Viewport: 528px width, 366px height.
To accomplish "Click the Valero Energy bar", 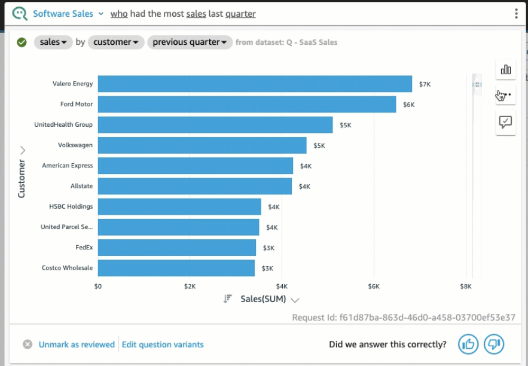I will (x=255, y=84).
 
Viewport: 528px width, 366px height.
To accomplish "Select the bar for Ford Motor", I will (x=246, y=104).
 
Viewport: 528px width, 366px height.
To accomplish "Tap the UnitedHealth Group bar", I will (x=215, y=125).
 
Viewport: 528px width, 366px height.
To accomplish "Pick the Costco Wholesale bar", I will (x=176, y=268).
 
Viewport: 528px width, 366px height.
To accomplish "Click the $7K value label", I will (x=425, y=84).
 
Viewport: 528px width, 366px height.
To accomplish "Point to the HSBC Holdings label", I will (x=71, y=206).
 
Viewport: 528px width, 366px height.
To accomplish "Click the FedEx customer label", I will (x=84, y=247).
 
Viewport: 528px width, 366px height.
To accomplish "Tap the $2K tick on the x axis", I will (x=190, y=286).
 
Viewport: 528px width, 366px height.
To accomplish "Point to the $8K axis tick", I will (x=466, y=286).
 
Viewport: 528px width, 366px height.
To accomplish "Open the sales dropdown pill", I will (x=53, y=42).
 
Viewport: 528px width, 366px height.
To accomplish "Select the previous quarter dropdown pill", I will (x=190, y=42).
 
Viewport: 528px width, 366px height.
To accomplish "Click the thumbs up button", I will (x=468, y=344).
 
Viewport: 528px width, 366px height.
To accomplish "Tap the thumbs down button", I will (x=494, y=344).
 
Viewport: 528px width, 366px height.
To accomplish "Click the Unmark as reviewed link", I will (x=77, y=344).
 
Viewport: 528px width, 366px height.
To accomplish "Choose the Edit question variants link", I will (x=163, y=344).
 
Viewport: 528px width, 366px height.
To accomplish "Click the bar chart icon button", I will (x=505, y=69).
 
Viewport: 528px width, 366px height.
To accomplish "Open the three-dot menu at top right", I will (x=516, y=14).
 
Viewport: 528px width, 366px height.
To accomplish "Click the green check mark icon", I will (x=22, y=42).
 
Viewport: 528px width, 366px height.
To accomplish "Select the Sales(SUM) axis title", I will (x=263, y=299).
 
